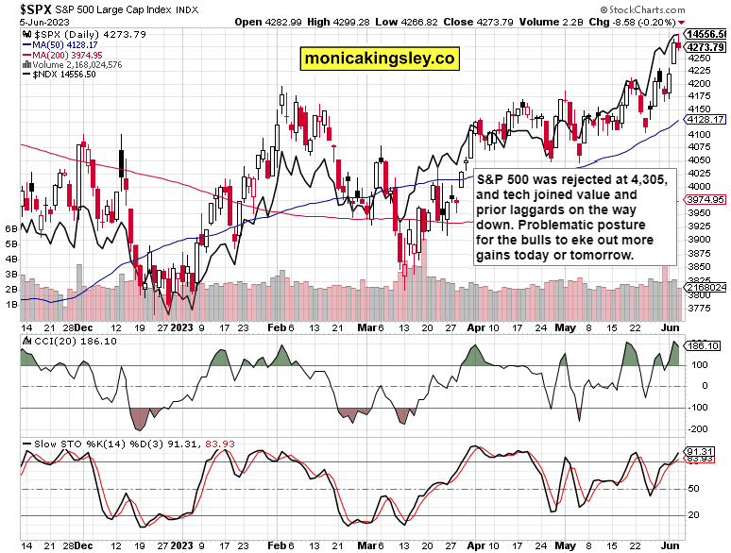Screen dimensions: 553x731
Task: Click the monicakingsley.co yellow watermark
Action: click(x=379, y=59)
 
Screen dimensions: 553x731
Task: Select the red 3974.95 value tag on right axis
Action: click(x=705, y=199)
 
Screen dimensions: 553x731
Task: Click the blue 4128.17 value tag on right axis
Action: click(x=705, y=120)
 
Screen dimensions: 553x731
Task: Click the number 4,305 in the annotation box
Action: click(x=646, y=178)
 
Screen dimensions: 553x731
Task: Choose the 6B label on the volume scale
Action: click(x=11, y=228)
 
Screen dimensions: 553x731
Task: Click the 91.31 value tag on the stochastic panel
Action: click(x=705, y=452)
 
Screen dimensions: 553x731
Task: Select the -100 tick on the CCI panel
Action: click(x=697, y=408)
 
